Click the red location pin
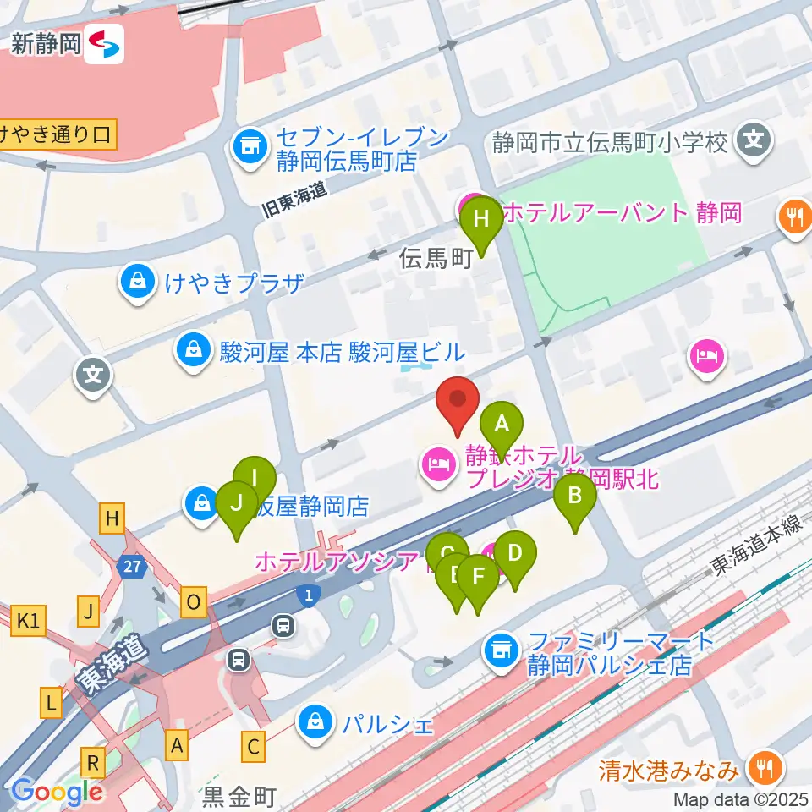[457, 403]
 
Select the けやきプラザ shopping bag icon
[136, 283]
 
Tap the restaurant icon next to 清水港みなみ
[765, 768]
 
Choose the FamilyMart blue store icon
[500, 650]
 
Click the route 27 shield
[131, 568]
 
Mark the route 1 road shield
[310, 596]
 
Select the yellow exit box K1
[28, 623]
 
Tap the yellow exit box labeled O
[194, 603]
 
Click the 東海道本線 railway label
[755, 551]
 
